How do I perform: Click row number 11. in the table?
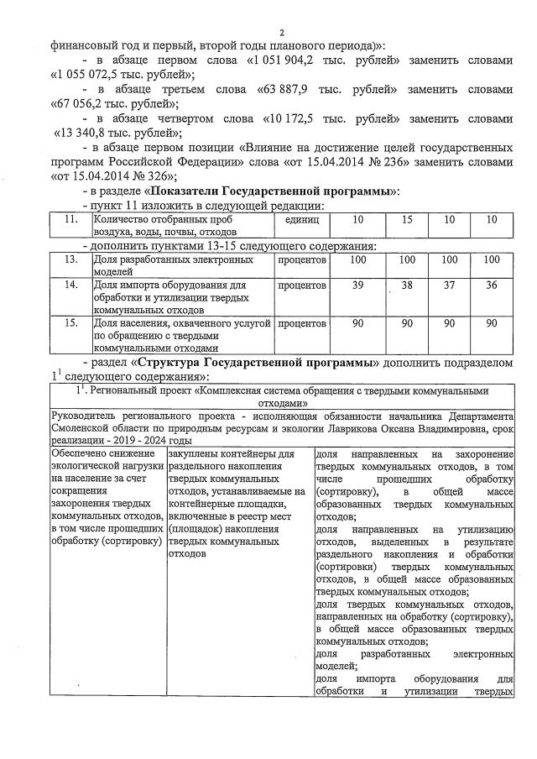(72, 219)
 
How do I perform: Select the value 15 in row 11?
(407, 219)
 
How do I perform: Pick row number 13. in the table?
(72, 261)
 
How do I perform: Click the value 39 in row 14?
(357, 285)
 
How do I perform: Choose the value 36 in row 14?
(492, 285)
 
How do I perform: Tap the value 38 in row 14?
(407, 285)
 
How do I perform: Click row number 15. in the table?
(72, 322)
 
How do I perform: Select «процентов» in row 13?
(301, 261)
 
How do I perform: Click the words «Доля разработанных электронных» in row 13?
(175, 261)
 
